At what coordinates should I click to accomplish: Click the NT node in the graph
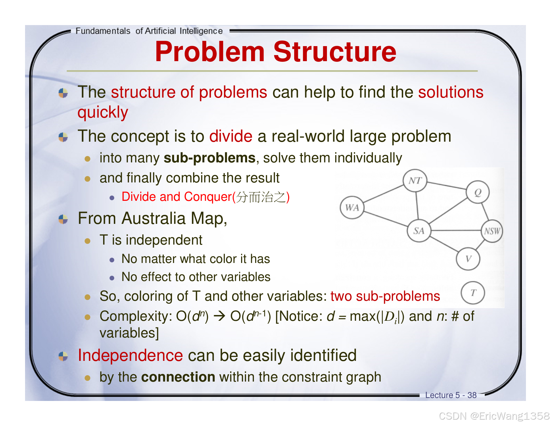tap(415, 181)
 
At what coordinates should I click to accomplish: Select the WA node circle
tap(352, 207)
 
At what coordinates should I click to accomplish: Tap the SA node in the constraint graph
tap(419, 231)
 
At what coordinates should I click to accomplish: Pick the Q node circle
tap(478, 192)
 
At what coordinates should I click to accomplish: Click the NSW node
tap(492, 231)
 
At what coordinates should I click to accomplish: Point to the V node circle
tap(468, 259)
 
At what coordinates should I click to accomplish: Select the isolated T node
tap(473, 293)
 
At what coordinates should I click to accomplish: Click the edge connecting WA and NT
tap(383, 194)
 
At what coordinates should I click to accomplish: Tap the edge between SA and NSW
tap(455, 231)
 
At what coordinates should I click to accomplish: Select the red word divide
tap(231, 136)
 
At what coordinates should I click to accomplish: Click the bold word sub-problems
tap(209, 158)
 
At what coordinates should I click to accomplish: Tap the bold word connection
tap(178, 377)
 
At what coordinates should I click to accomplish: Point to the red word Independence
tap(130, 355)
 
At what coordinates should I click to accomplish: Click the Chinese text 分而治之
tap(261, 197)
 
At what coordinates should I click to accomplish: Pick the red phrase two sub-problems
tap(385, 296)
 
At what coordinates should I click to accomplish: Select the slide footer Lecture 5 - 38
tap(450, 395)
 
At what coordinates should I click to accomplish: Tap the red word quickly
tap(103, 112)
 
